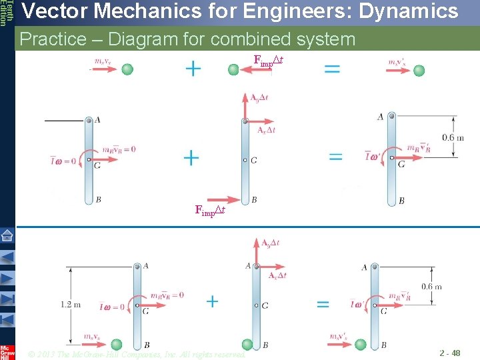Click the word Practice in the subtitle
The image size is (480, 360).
(53, 39)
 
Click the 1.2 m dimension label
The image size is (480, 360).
(70, 305)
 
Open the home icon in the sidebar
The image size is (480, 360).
(7, 235)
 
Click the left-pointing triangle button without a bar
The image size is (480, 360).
(7, 257)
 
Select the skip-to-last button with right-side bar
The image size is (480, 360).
(7, 319)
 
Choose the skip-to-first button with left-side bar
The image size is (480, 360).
(7, 299)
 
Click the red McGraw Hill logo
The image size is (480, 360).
(7, 351)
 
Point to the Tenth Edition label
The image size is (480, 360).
(6, 13)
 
